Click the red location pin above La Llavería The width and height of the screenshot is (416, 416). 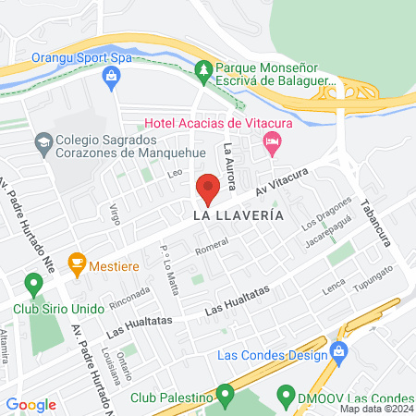(208, 190)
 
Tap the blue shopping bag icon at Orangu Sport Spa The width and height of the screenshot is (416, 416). (112, 75)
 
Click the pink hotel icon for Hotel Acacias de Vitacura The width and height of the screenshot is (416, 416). (271, 141)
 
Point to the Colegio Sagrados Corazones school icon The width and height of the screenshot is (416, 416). (43, 142)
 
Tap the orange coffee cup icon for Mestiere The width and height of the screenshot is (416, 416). (77, 263)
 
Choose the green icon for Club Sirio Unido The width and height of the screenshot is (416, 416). (33, 284)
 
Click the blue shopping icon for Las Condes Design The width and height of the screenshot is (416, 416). (339, 351)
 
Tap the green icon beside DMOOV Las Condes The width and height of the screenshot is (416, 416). (287, 398)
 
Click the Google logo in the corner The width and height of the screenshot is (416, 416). (31, 405)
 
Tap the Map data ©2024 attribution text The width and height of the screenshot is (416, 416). (376, 409)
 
